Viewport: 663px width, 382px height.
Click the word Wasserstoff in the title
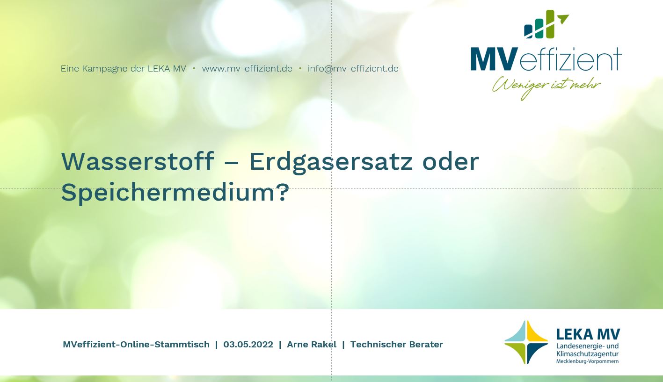138,161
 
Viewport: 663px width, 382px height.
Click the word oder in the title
451,161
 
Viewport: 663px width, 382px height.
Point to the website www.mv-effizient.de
247,69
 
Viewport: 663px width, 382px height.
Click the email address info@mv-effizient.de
353,69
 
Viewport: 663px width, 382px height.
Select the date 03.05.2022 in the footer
248,345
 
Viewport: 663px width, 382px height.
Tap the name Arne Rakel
312,345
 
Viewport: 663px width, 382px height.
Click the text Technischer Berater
397,345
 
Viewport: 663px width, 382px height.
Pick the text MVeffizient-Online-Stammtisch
136,345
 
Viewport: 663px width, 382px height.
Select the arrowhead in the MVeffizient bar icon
563,18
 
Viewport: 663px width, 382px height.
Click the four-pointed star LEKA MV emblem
526,342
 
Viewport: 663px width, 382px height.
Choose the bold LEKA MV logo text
588,334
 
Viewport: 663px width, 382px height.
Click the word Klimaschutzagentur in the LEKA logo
587,354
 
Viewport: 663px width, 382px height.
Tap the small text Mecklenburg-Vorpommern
587,361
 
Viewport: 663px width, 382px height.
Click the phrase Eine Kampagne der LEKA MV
124,69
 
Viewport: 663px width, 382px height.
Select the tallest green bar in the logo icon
550,24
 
